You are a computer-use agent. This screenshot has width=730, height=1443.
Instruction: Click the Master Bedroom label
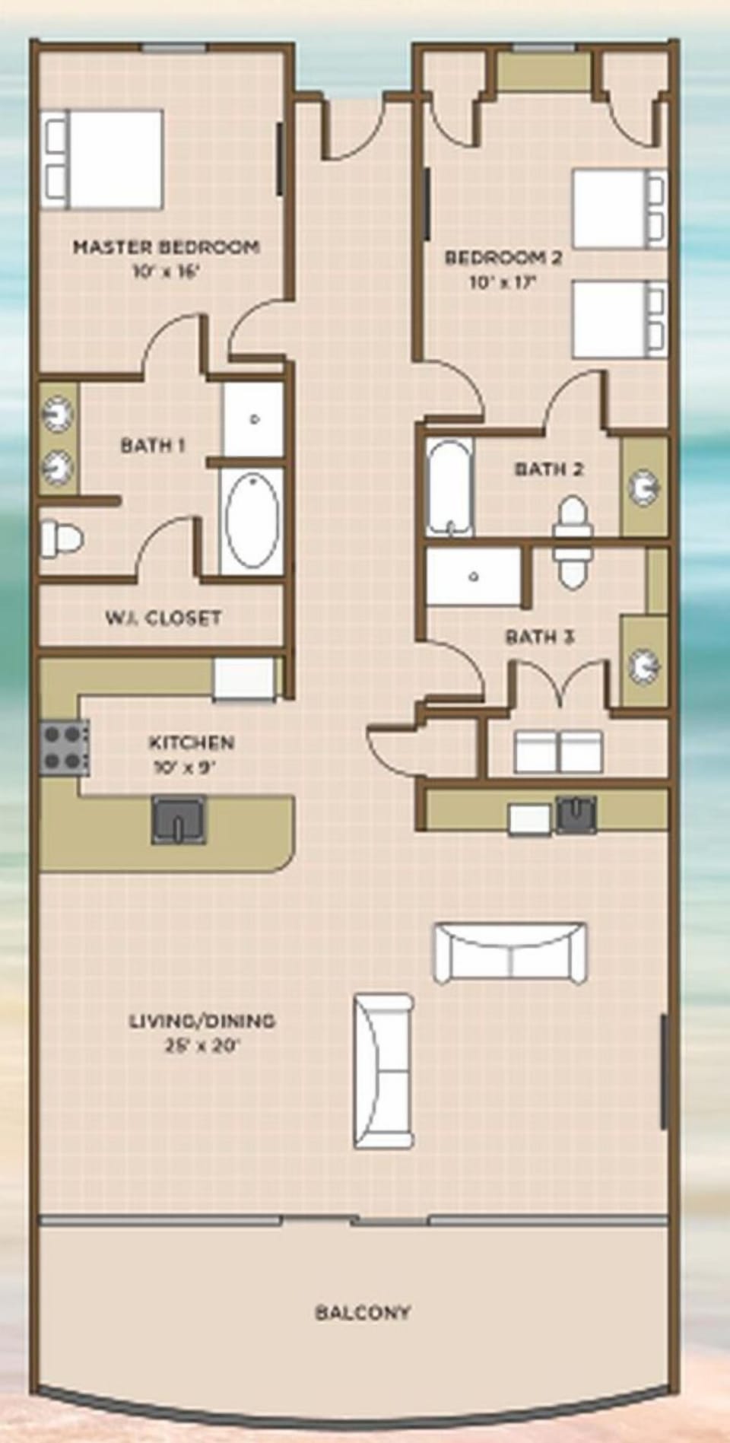click(x=166, y=247)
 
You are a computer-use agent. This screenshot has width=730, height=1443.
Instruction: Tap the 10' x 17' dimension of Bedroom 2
click(x=503, y=283)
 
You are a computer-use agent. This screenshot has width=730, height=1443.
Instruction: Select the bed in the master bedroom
click(x=102, y=159)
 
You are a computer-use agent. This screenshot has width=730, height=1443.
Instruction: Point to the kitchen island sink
click(x=179, y=820)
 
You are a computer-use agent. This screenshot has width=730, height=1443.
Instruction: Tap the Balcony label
click(x=363, y=1312)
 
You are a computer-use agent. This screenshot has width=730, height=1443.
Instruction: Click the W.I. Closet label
click(x=163, y=618)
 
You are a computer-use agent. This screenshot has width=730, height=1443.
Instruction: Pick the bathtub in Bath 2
click(x=449, y=486)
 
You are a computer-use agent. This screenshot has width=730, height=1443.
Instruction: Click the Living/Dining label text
click(x=202, y=1021)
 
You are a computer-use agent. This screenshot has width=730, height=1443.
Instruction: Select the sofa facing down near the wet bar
click(x=509, y=954)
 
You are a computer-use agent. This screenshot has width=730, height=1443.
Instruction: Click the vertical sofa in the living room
click(x=384, y=1071)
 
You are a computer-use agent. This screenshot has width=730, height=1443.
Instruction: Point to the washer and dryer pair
click(x=558, y=752)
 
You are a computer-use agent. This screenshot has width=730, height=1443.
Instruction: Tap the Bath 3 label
click(x=539, y=637)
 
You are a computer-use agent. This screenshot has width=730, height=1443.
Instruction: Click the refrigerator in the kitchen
click(x=244, y=678)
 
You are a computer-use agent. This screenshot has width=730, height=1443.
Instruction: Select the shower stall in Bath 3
click(x=474, y=577)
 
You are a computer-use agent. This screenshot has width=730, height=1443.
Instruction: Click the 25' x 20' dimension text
click(x=202, y=1046)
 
